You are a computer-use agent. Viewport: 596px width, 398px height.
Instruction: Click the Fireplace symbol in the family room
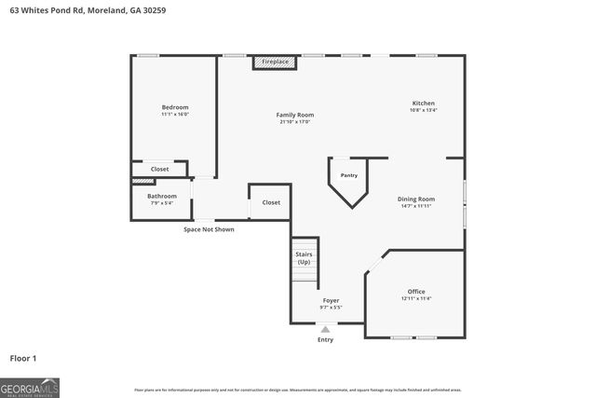tap(275, 62)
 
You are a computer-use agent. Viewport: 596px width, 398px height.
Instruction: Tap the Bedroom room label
tap(175, 107)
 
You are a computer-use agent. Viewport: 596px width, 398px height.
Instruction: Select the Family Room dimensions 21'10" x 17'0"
tap(294, 122)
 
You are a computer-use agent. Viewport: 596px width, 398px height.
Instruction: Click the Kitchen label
tap(424, 103)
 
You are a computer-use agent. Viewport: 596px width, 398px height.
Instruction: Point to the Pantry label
tap(348, 175)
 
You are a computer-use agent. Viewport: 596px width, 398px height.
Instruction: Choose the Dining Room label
tap(416, 199)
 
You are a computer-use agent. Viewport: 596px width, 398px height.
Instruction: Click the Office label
tap(416, 292)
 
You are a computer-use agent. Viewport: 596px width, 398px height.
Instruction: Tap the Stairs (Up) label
tap(304, 257)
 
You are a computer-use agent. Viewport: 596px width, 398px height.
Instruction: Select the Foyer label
tap(331, 300)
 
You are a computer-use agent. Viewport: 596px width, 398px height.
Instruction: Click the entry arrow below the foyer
tap(325, 329)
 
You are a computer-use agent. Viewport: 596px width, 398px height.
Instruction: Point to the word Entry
tap(325, 339)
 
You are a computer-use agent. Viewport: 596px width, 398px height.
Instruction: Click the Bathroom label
tap(161, 196)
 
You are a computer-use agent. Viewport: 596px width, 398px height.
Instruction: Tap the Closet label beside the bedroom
tap(159, 169)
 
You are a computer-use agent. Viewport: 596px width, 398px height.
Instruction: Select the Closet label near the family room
tap(271, 202)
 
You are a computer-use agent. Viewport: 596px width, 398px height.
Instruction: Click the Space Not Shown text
tap(209, 228)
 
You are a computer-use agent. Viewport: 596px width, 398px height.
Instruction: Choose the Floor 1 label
tap(23, 357)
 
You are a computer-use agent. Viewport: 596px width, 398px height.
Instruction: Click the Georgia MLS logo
tap(30, 387)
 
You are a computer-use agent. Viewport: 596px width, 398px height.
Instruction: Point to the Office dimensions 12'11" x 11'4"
tap(416, 298)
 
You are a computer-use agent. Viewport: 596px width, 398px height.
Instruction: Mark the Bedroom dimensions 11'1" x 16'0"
tap(175, 114)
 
